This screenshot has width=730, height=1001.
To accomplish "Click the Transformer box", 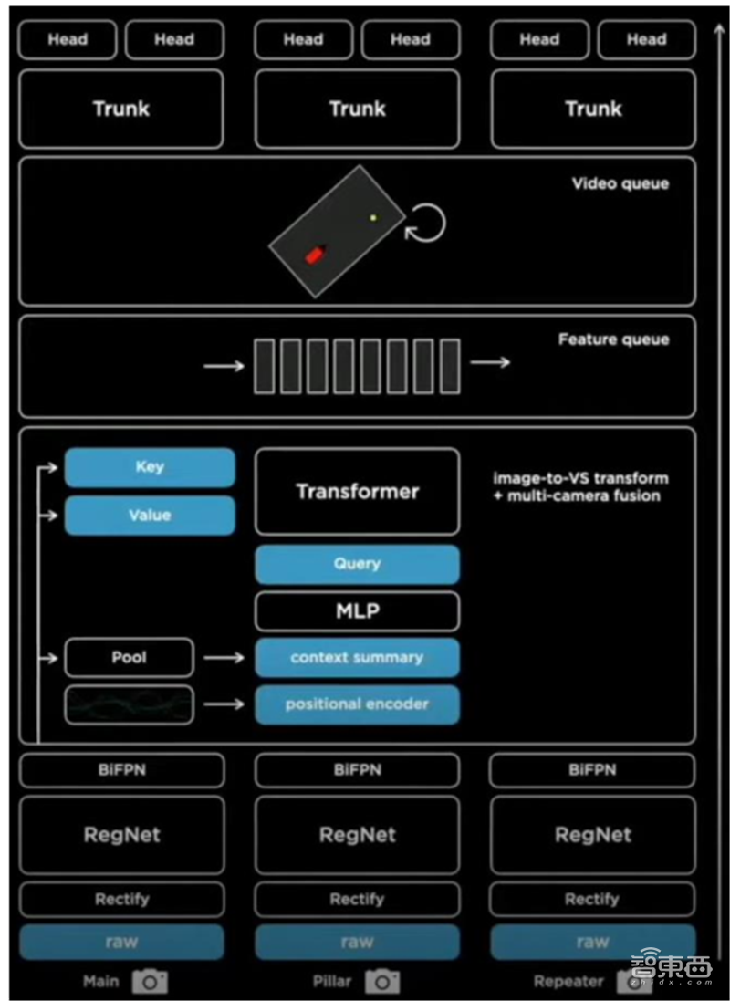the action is point(357,491).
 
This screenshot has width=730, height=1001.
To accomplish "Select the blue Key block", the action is point(150,466).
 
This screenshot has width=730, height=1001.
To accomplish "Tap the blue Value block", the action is point(150,516).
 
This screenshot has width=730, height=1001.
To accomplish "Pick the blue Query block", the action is point(357,564).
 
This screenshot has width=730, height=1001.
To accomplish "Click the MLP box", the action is point(357,611).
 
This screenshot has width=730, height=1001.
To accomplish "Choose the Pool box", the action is point(129,657).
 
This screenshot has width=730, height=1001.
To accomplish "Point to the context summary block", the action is point(357,658).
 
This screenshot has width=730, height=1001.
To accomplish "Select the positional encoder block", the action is point(357,704).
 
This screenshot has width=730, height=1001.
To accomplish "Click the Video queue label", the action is point(620,183).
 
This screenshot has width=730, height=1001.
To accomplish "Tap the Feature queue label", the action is point(614,339).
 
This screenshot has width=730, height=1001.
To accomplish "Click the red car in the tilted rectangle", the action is point(315,254).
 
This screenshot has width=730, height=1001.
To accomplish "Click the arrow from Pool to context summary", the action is point(224,658).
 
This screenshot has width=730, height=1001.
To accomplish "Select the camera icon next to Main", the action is point(150,981).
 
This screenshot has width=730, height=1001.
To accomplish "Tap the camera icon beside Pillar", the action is point(382,981).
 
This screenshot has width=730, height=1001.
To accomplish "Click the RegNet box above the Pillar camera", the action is point(357,834).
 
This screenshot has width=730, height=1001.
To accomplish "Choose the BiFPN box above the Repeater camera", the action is point(592,770).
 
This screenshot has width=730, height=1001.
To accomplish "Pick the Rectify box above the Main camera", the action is point(122,899).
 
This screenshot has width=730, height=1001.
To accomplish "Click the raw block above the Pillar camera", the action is point(357,942).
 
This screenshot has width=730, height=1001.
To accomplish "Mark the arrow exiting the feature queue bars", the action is point(490,362).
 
